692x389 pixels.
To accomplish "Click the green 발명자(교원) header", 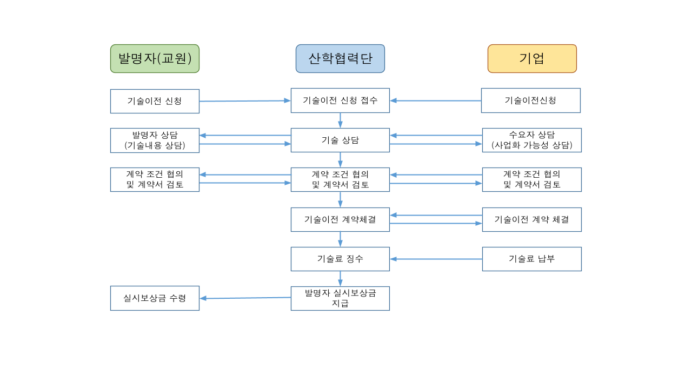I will tap(155, 58).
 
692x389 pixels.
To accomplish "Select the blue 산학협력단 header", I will tap(340, 58).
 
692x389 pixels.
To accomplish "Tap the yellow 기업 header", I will tap(532, 58).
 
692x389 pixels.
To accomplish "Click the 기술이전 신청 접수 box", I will tap(340, 100).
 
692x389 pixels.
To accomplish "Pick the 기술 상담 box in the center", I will tap(340, 140).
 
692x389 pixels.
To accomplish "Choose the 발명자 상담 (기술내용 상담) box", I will tap(155, 140).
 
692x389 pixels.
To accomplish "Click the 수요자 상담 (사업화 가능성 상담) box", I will tap(531, 140).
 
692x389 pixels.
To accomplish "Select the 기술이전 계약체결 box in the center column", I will tap(340, 219).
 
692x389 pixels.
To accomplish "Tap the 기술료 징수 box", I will tap(340, 259).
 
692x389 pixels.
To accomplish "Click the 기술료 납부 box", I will tap(531, 259).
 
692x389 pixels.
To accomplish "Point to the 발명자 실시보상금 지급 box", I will tap(340, 298).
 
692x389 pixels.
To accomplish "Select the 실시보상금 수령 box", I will tap(155, 298).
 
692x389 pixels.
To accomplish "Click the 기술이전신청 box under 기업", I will tap(530, 100).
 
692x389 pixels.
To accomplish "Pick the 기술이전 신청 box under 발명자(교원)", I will tap(155, 101).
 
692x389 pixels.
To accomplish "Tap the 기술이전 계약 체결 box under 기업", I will tap(531, 219).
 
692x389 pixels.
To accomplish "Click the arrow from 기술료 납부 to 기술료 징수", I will tap(436, 259).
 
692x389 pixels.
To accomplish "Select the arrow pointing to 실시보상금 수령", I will tap(245, 298).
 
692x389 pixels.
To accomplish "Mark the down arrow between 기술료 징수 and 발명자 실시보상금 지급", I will tap(340, 278).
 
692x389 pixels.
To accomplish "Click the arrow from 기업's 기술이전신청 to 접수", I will tap(435, 100).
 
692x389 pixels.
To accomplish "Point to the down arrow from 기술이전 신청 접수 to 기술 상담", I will tap(340, 120).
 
